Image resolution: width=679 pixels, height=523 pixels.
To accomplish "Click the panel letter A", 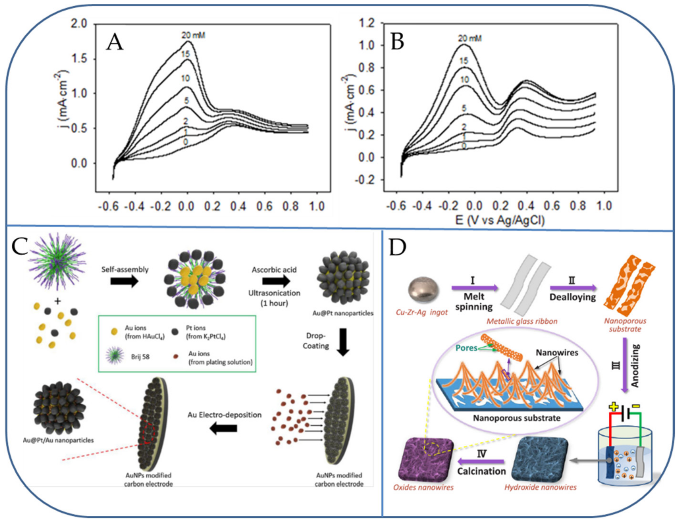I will coord(114,43).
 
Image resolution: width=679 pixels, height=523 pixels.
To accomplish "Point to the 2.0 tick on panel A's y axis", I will coord(80,24).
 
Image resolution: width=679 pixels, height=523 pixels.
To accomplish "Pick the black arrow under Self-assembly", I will coord(124,281).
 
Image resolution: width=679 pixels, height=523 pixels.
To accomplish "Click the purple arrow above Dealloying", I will coord(573,288).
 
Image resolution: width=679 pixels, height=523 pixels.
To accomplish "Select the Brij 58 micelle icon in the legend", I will coord(115,356).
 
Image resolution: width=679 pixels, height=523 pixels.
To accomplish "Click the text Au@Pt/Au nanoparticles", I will coord(58,440).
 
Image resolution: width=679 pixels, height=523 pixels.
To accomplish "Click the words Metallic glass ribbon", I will coord(522,321).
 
